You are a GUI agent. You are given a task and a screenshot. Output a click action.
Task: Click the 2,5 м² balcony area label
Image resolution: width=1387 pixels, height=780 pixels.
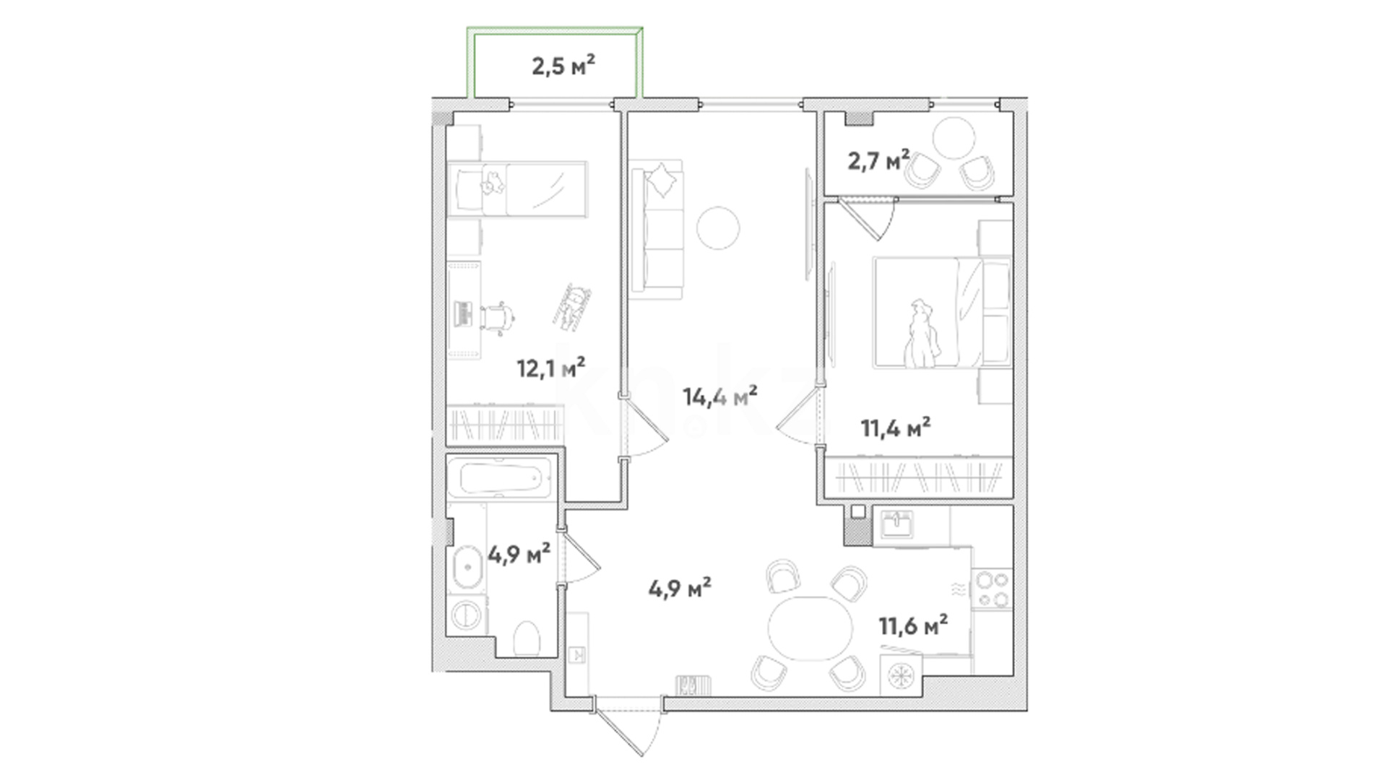[563, 66]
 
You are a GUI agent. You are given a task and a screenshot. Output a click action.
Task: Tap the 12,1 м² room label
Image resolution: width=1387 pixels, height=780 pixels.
[550, 368]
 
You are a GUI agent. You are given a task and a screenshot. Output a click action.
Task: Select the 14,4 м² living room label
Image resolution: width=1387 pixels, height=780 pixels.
[720, 396]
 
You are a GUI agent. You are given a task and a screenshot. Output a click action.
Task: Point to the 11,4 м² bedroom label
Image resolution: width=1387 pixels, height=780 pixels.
[896, 428]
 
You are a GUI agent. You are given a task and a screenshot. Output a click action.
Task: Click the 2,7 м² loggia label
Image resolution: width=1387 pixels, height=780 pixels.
[878, 160]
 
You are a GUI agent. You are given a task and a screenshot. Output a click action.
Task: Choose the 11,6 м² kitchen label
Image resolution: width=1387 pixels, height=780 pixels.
[913, 625]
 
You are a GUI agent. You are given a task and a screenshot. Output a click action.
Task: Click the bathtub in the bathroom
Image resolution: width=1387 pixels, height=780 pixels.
[499, 478]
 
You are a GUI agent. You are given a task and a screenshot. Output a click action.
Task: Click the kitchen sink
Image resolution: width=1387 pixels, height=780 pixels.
[897, 523]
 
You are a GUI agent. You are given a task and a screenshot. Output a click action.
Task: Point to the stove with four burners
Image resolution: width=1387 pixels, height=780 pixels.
[992, 589]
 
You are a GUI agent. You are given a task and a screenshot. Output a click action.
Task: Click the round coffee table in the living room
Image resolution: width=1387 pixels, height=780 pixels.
[718, 227]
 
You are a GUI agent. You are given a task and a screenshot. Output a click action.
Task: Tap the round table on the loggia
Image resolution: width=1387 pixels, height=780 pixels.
[954, 137]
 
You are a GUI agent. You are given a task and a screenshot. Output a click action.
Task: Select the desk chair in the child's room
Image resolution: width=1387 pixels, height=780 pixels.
[496, 318]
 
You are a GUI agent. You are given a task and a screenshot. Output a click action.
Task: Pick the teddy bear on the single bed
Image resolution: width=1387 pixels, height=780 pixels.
[493, 183]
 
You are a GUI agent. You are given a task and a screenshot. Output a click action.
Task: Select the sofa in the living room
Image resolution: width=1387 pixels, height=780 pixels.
[656, 230]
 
